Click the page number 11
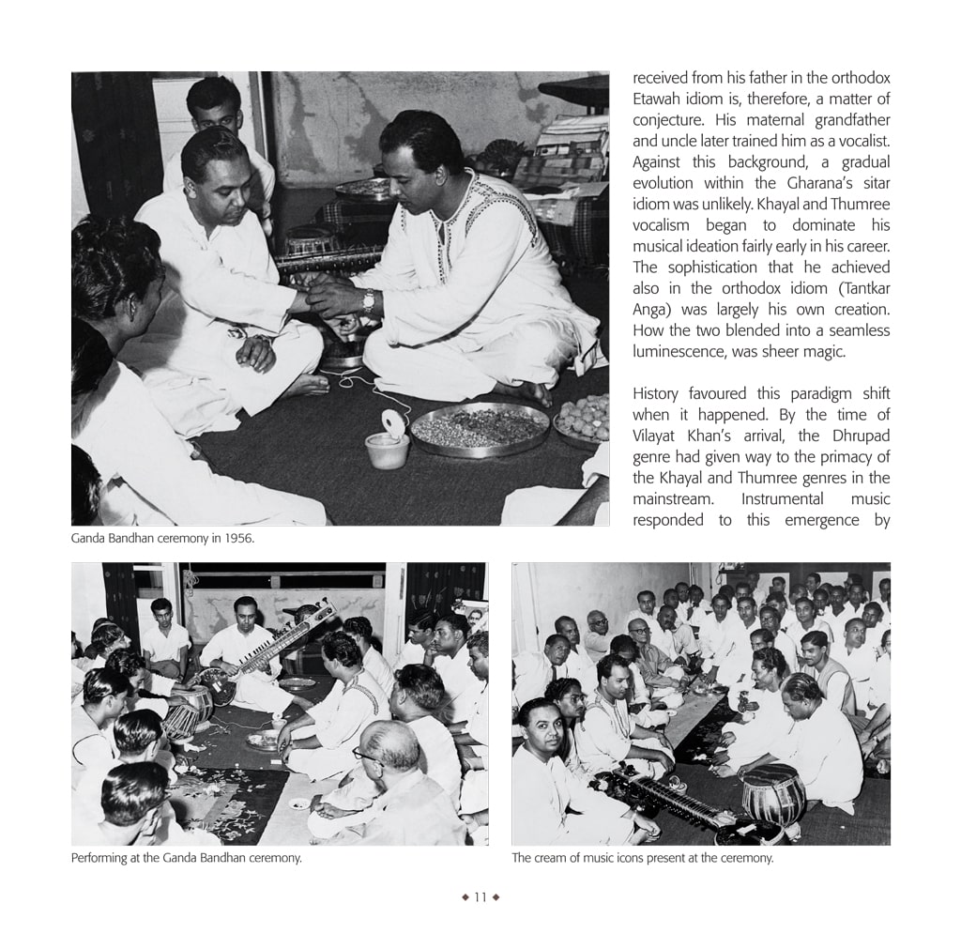tap(480, 897)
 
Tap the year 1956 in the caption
tap(238, 539)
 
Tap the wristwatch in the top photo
tap(370, 300)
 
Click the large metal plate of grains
tap(480, 429)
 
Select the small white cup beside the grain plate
tap(387, 450)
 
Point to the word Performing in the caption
tap(100, 858)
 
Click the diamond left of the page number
tap(465, 897)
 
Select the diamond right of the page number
tap(496, 897)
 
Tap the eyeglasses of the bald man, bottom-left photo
tap(369, 756)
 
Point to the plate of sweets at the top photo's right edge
tap(584, 418)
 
